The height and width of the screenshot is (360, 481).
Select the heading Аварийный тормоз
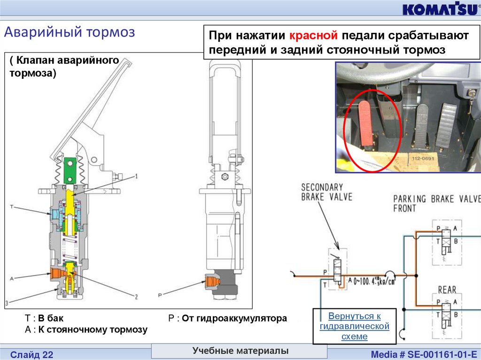[x=70, y=32]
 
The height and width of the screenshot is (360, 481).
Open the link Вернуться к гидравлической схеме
[x=355, y=326]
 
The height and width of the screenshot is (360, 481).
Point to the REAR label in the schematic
[x=447, y=290]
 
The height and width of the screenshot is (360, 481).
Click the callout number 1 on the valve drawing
[x=136, y=176]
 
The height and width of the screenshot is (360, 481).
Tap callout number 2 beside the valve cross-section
[x=136, y=296]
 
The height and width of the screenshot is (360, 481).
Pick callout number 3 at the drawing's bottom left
[x=7, y=302]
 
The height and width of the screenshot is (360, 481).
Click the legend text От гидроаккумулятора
[x=234, y=319]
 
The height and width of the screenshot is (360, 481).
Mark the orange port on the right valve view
[x=211, y=282]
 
